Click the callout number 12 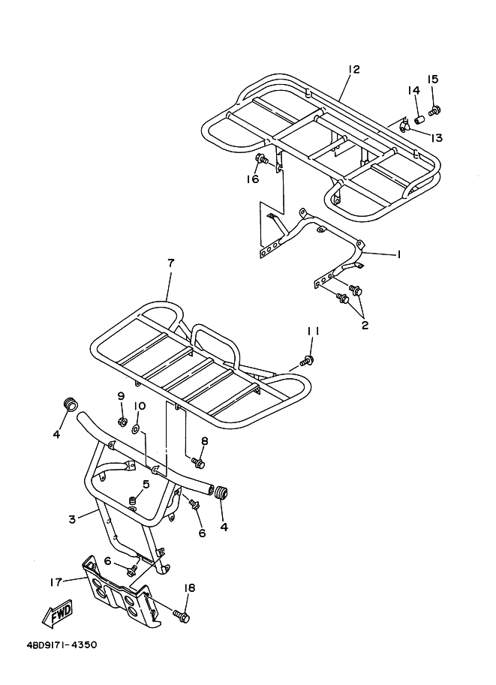coord(353,70)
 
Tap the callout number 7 coord(170,263)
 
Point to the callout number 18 coord(190,588)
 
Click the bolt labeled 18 coord(181,616)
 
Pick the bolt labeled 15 coord(434,110)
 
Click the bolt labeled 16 coord(263,160)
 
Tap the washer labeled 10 coord(136,430)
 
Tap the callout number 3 coord(72,519)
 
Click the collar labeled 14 coord(420,118)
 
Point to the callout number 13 coord(437,137)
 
